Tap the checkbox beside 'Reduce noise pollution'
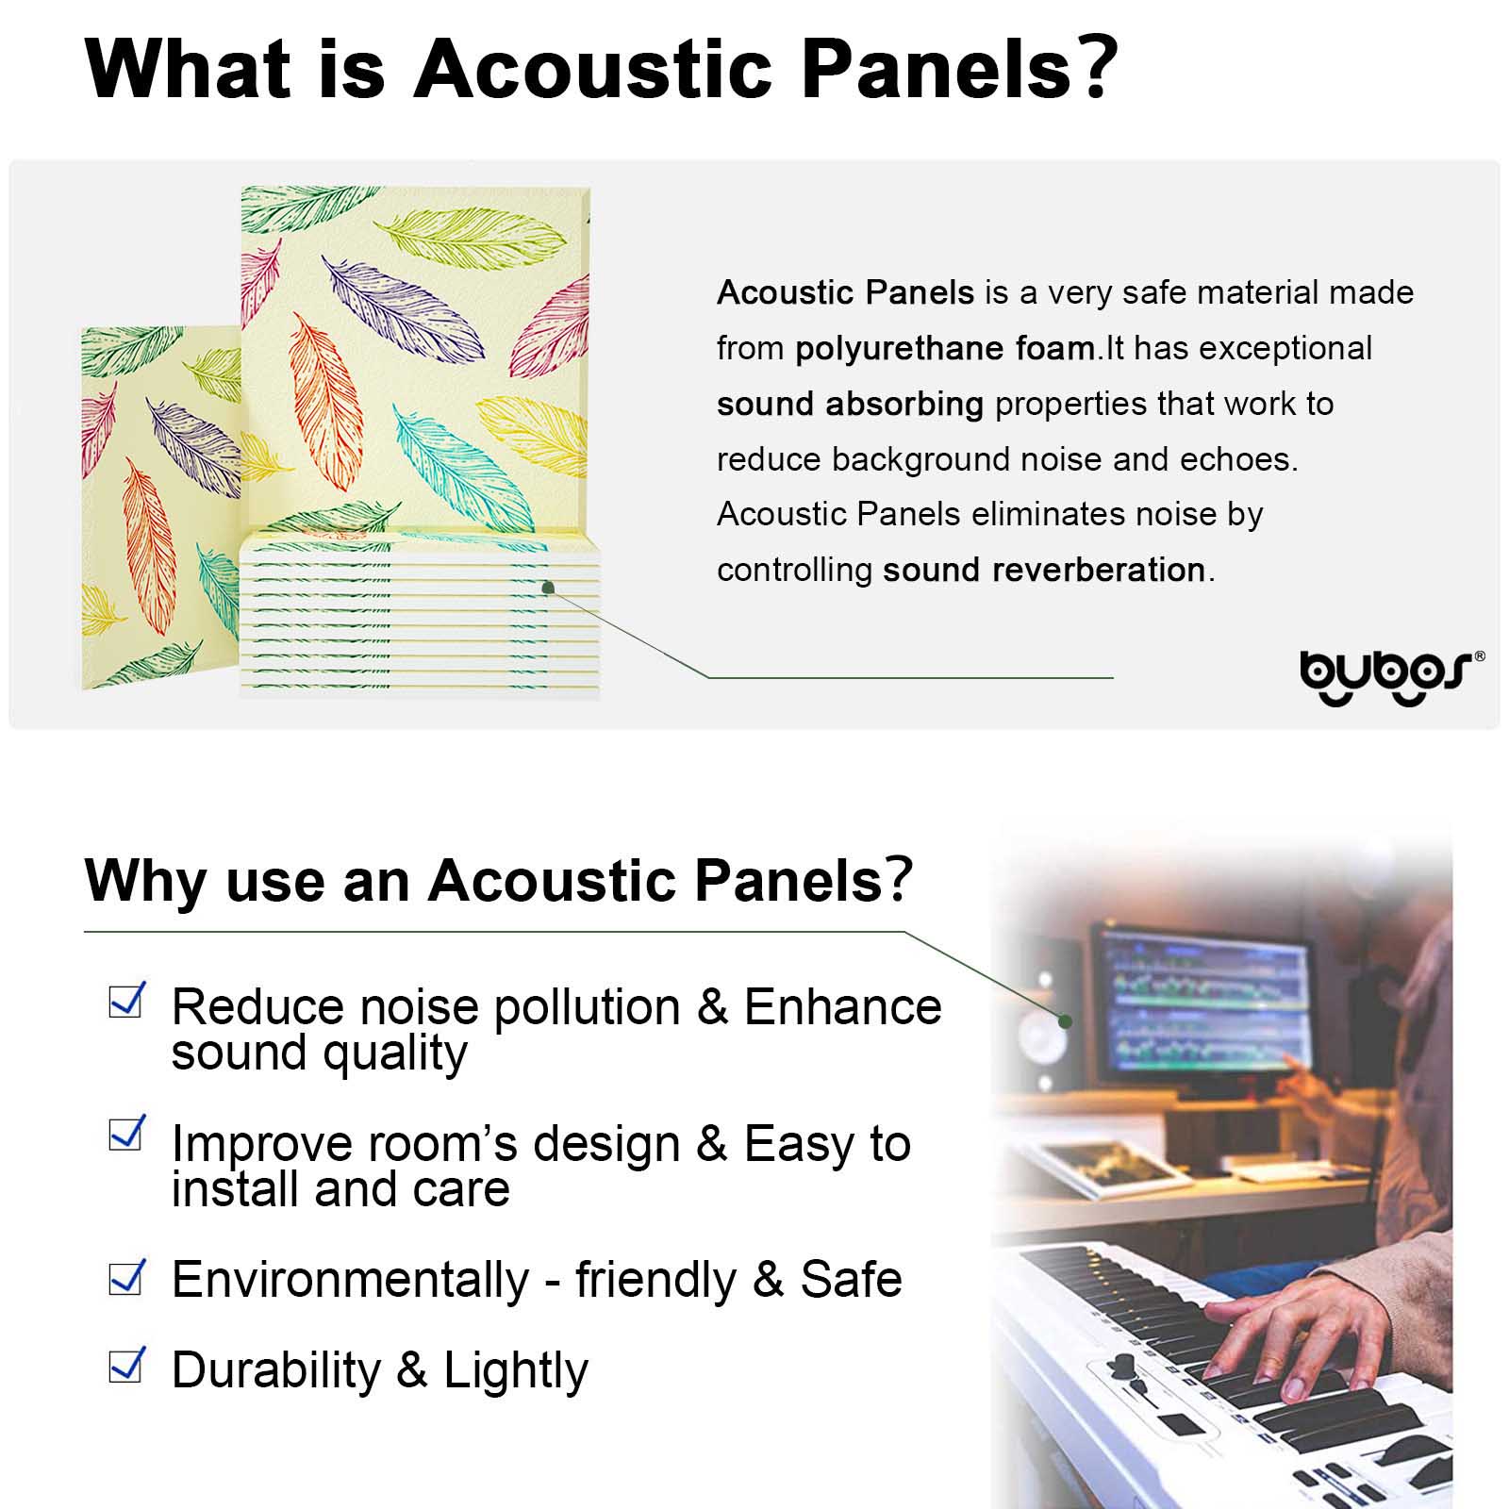point(127,1000)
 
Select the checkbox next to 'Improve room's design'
point(127,1133)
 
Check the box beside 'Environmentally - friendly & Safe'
point(127,1277)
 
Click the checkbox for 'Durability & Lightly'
point(127,1365)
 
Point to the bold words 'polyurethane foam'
point(944,349)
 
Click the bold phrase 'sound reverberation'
point(1044,570)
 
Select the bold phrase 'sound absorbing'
point(850,404)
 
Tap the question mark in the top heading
point(1095,68)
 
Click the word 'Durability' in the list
point(275,1370)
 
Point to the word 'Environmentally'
point(350,1281)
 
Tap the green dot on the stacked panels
point(548,588)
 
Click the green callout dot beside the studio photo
point(1065,1020)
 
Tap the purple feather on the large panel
point(403,306)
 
